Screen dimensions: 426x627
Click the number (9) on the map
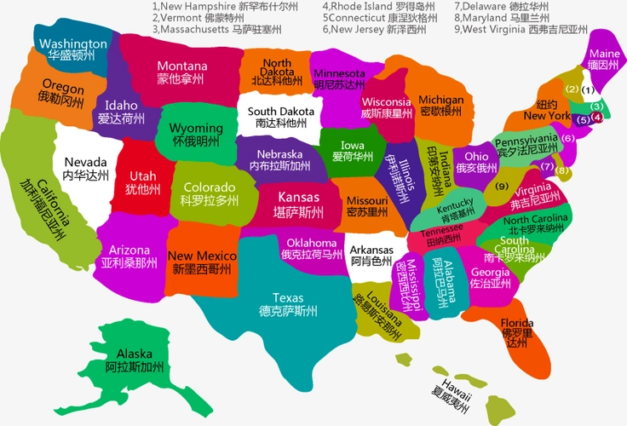(502, 187)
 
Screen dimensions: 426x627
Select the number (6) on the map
(567, 138)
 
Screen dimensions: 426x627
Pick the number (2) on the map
(572, 89)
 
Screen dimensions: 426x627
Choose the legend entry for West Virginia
(521, 28)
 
